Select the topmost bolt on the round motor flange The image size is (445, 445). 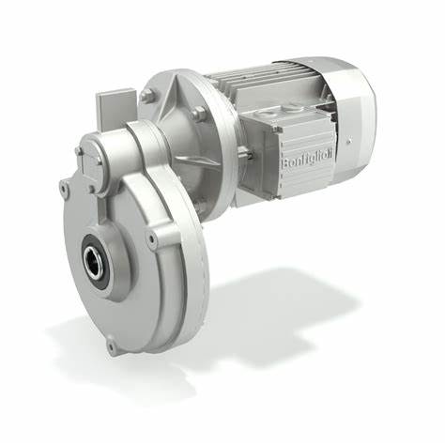point(147,95)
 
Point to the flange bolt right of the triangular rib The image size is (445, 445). point(199,115)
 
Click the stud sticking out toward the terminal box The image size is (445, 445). point(242,150)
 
